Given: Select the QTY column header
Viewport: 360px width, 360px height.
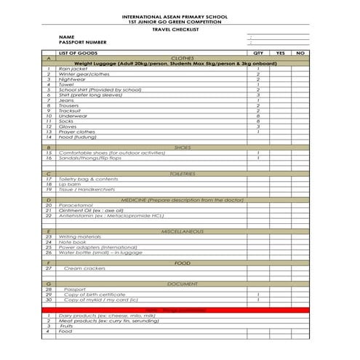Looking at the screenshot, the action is pyautogui.click(x=257, y=53).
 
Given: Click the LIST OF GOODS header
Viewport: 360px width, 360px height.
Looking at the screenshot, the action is pyautogui.click(x=79, y=53).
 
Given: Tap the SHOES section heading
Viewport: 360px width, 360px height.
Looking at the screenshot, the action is pyautogui.click(x=182, y=148).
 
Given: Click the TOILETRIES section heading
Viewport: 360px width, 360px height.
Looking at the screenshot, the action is pyautogui.click(x=182, y=174).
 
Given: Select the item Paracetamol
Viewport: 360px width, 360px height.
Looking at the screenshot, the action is pyautogui.click(x=76, y=206).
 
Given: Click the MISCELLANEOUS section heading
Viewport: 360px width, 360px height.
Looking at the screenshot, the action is pyautogui.click(x=182, y=231).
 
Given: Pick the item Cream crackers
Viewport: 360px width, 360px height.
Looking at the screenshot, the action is pyautogui.click(x=84, y=268).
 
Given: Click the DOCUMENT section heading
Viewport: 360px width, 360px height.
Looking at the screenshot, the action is pyautogui.click(x=182, y=284).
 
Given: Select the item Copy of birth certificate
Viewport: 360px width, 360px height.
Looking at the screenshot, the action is pyautogui.click(x=95, y=295).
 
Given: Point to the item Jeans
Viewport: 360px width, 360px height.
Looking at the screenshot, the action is pyautogui.click(x=67, y=100).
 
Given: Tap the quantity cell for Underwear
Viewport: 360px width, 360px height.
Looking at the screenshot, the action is pyautogui.click(x=257, y=116).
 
